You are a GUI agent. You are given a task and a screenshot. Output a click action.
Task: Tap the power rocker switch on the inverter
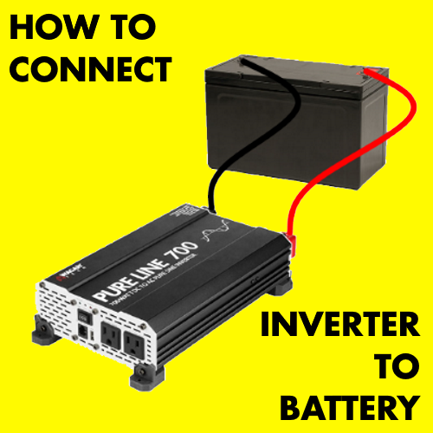(84, 313)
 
